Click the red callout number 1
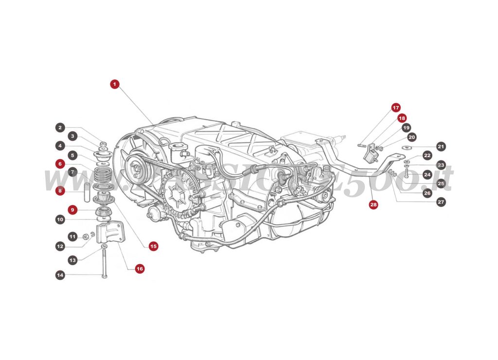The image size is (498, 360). pos(114,84)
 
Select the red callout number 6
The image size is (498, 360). pos(60,164)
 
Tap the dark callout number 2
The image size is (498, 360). pos(60,128)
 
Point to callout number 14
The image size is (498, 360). pos(60,275)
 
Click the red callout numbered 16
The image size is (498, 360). pos(140,268)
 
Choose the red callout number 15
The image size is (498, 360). pos(153,246)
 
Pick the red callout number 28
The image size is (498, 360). pos(373,205)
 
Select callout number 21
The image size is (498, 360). pos(441,146)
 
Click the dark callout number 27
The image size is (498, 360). pos(441,201)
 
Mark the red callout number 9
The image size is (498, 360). pos(72,210)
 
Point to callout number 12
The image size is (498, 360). pos(60,246)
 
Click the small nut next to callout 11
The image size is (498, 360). pos(85,237)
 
